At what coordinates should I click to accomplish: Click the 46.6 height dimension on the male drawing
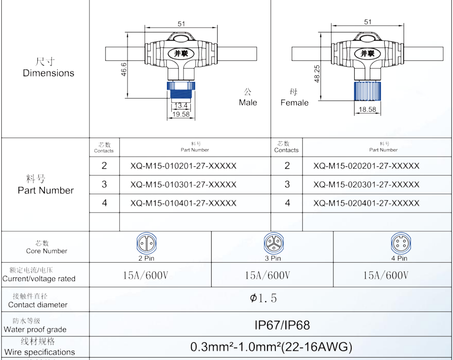(x=124, y=69)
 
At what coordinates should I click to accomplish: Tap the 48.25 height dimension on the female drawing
(x=317, y=73)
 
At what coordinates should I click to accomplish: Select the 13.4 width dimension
(x=181, y=105)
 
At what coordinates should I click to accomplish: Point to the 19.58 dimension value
(x=181, y=114)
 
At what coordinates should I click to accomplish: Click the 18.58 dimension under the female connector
(x=367, y=110)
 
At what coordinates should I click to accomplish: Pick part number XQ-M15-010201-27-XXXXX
(x=183, y=166)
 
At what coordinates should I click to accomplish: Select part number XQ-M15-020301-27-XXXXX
(x=366, y=184)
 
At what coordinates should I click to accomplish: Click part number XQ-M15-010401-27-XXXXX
(x=183, y=203)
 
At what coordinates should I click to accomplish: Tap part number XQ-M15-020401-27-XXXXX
(x=366, y=203)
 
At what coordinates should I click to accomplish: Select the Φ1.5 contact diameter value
(x=263, y=298)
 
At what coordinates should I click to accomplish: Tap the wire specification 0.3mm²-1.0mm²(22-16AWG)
(x=271, y=347)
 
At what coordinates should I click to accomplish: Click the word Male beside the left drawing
(x=248, y=102)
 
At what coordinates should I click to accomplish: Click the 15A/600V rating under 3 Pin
(x=267, y=275)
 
